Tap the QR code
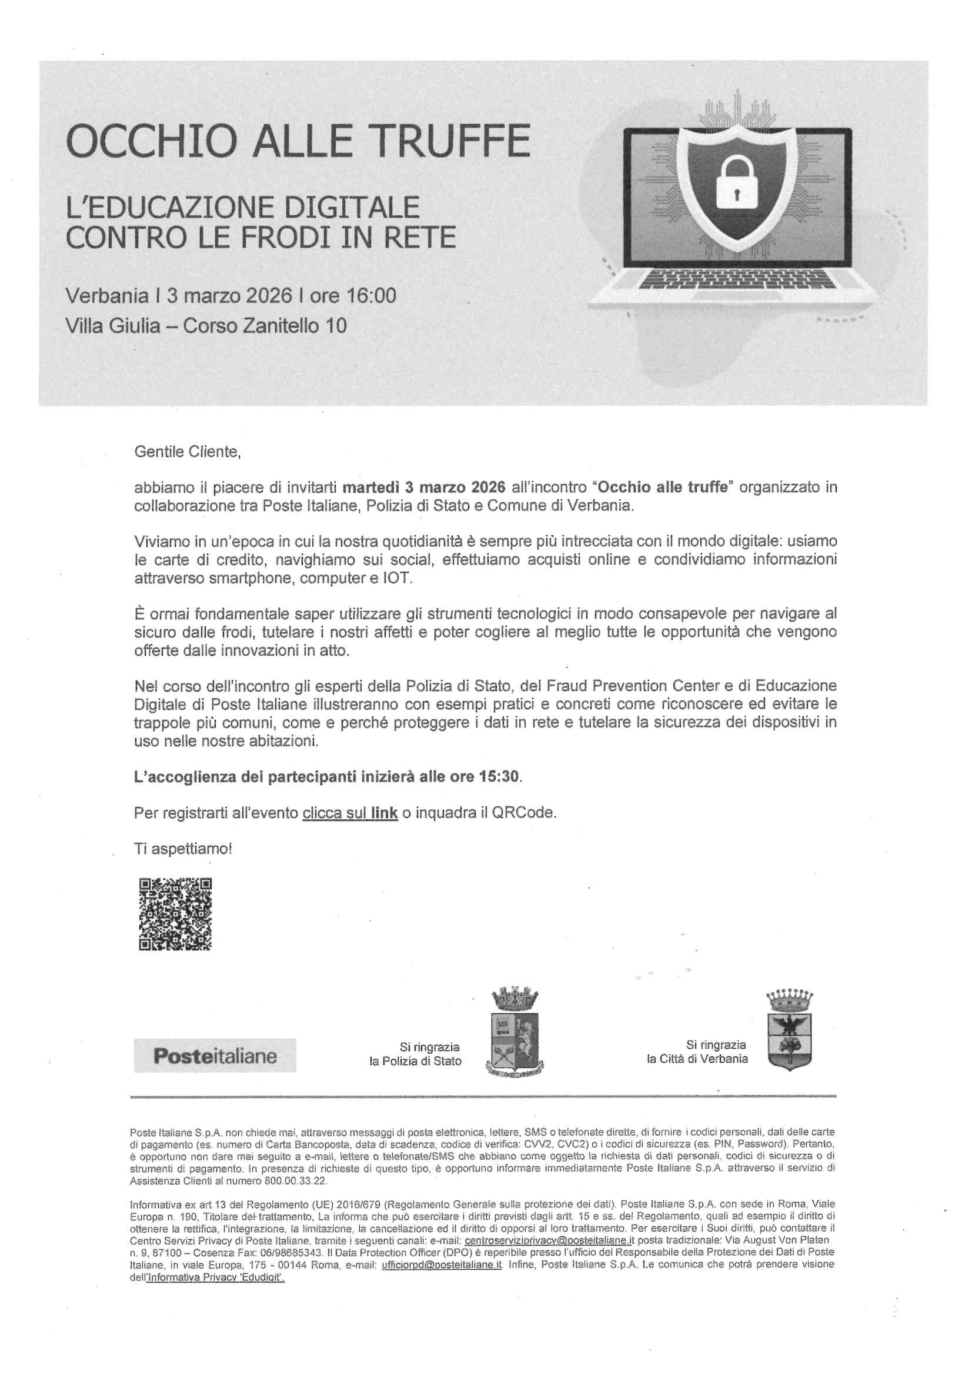(175, 914)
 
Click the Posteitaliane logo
(215, 1055)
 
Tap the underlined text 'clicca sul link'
(350, 813)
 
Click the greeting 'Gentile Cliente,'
(188, 452)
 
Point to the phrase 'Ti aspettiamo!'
(183, 849)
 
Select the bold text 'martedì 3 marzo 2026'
(424, 488)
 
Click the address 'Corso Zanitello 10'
(265, 326)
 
